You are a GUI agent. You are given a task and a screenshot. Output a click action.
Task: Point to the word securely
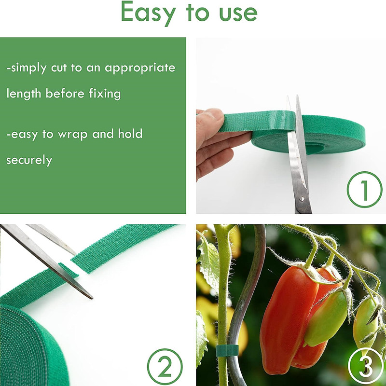pos(29,160)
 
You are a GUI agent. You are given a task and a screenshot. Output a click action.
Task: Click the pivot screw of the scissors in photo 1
pos(303,197)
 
